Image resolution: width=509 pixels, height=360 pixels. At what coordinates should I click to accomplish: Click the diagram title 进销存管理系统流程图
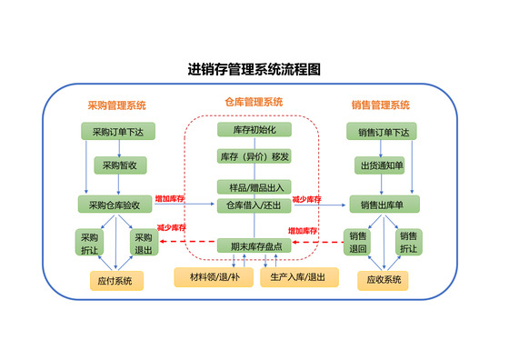point(254,69)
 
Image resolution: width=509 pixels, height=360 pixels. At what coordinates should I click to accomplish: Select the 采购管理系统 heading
point(116,105)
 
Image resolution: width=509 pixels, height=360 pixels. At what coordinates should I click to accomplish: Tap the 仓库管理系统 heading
point(254,101)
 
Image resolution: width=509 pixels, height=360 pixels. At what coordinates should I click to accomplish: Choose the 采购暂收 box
point(118,165)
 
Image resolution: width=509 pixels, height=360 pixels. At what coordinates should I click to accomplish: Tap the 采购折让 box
point(88,244)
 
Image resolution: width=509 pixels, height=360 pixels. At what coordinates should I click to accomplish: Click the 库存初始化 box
point(254,131)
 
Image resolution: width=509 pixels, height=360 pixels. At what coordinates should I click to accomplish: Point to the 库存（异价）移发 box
point(254,156)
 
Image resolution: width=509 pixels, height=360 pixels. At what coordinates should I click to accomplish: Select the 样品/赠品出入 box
point(254,187)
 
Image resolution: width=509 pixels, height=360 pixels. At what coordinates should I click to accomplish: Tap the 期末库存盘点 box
point(254,245)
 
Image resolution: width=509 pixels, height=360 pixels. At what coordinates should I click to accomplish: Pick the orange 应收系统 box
point(383,281)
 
